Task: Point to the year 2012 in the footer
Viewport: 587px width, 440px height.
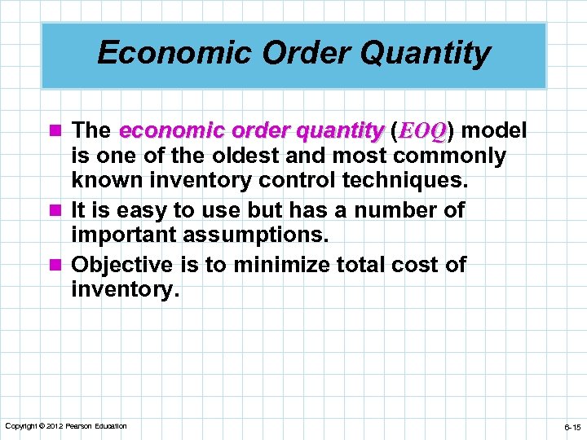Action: coord(54,426)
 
